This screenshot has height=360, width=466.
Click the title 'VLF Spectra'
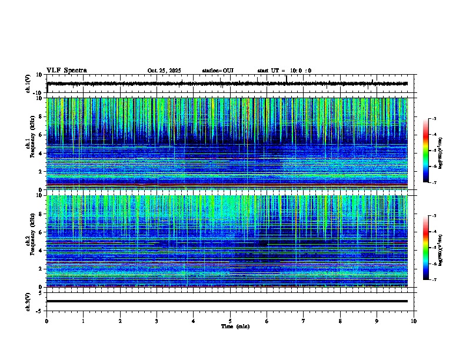pos(66,71)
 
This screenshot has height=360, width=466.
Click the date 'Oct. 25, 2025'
pos(165,71)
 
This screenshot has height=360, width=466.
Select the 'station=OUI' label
pos(218,71)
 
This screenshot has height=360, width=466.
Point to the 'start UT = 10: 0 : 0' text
pos(284,71)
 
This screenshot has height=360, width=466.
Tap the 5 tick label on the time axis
pos(230,321)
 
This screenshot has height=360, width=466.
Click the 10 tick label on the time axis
pos(414,321)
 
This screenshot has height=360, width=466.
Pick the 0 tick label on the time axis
pos(46,321)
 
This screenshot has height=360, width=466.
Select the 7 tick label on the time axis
pos(304,321)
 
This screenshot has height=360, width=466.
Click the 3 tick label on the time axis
pos(157,321)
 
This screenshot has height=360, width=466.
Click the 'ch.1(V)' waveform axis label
pos(28,84)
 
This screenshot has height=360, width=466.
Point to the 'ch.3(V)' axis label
pos(28,301)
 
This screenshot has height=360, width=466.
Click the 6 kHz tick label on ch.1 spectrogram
pos(39,135)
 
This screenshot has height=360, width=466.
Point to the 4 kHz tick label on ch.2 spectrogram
pos(39,251)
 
